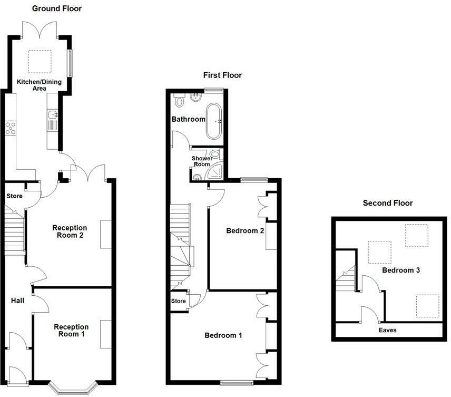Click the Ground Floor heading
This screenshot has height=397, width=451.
pyautogui.click(x=57, y=8)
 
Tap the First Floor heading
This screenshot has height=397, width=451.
pyautogui.click(x=222, y=75)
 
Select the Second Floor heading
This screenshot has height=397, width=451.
pyautogui.click(x=388, y=203)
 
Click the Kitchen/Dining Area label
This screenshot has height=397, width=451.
pyautogui.click(x=38, y=85)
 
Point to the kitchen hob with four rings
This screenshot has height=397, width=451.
pyautogui.click(x=11, y=128)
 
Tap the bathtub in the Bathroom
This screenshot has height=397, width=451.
pyautogui.click(x=215, y=120)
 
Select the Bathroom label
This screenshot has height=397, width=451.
pyautogui.click(x=188, y=119)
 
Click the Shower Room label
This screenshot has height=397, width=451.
pyautogui.click(x=202, y=161)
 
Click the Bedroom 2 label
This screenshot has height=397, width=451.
pyautogui.click(x=245, y=230)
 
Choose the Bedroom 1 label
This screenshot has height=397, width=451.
pyautogui.click(x=223, y=335)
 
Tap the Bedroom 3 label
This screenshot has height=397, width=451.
pyautogui.click(x=401, y=270)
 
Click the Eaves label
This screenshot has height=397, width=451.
pyautogui.click(x=388, y=330)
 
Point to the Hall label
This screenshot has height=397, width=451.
pyautogui.click(x=17, y=301)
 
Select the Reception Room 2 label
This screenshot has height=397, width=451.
pyautogui.click(x=70, y=231)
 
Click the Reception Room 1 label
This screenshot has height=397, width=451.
pyautogui.click(x=71, y=331)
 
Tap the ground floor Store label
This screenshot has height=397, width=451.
pyautogui.click(x=14, y=196)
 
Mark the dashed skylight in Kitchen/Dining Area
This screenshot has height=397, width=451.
pyautogui.click(x=39, y=61)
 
